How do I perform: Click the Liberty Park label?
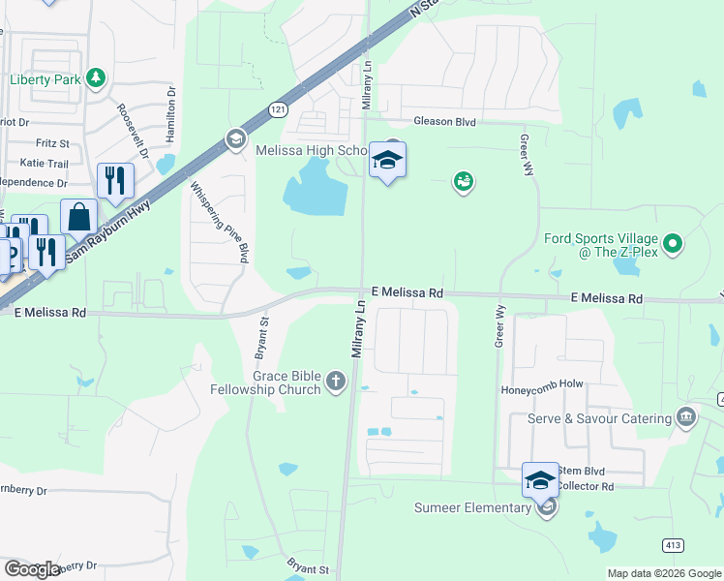[45, 79]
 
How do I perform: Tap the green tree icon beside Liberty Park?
[95, 77]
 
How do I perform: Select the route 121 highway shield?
[279, 109]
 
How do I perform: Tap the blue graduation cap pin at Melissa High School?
[387, 161]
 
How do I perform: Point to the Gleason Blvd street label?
[444, 122]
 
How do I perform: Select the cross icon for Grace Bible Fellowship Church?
[336, 381]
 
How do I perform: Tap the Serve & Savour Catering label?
[599, 418]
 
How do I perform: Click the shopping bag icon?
[78, 217]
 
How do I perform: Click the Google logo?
[32, 569]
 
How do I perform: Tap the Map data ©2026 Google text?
[663, 573]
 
